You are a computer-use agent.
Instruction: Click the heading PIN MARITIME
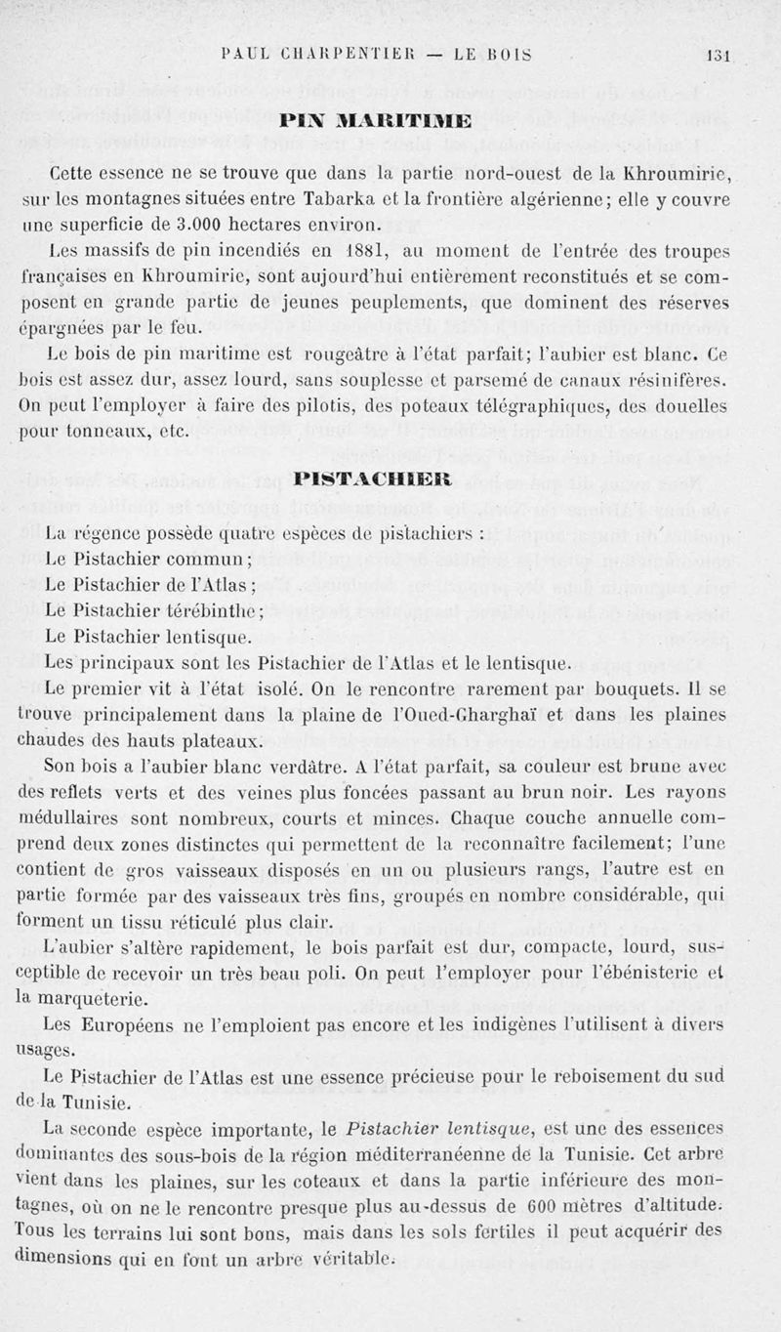click(x=389, y=121)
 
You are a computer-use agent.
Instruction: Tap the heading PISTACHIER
click(x=389, y=479)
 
